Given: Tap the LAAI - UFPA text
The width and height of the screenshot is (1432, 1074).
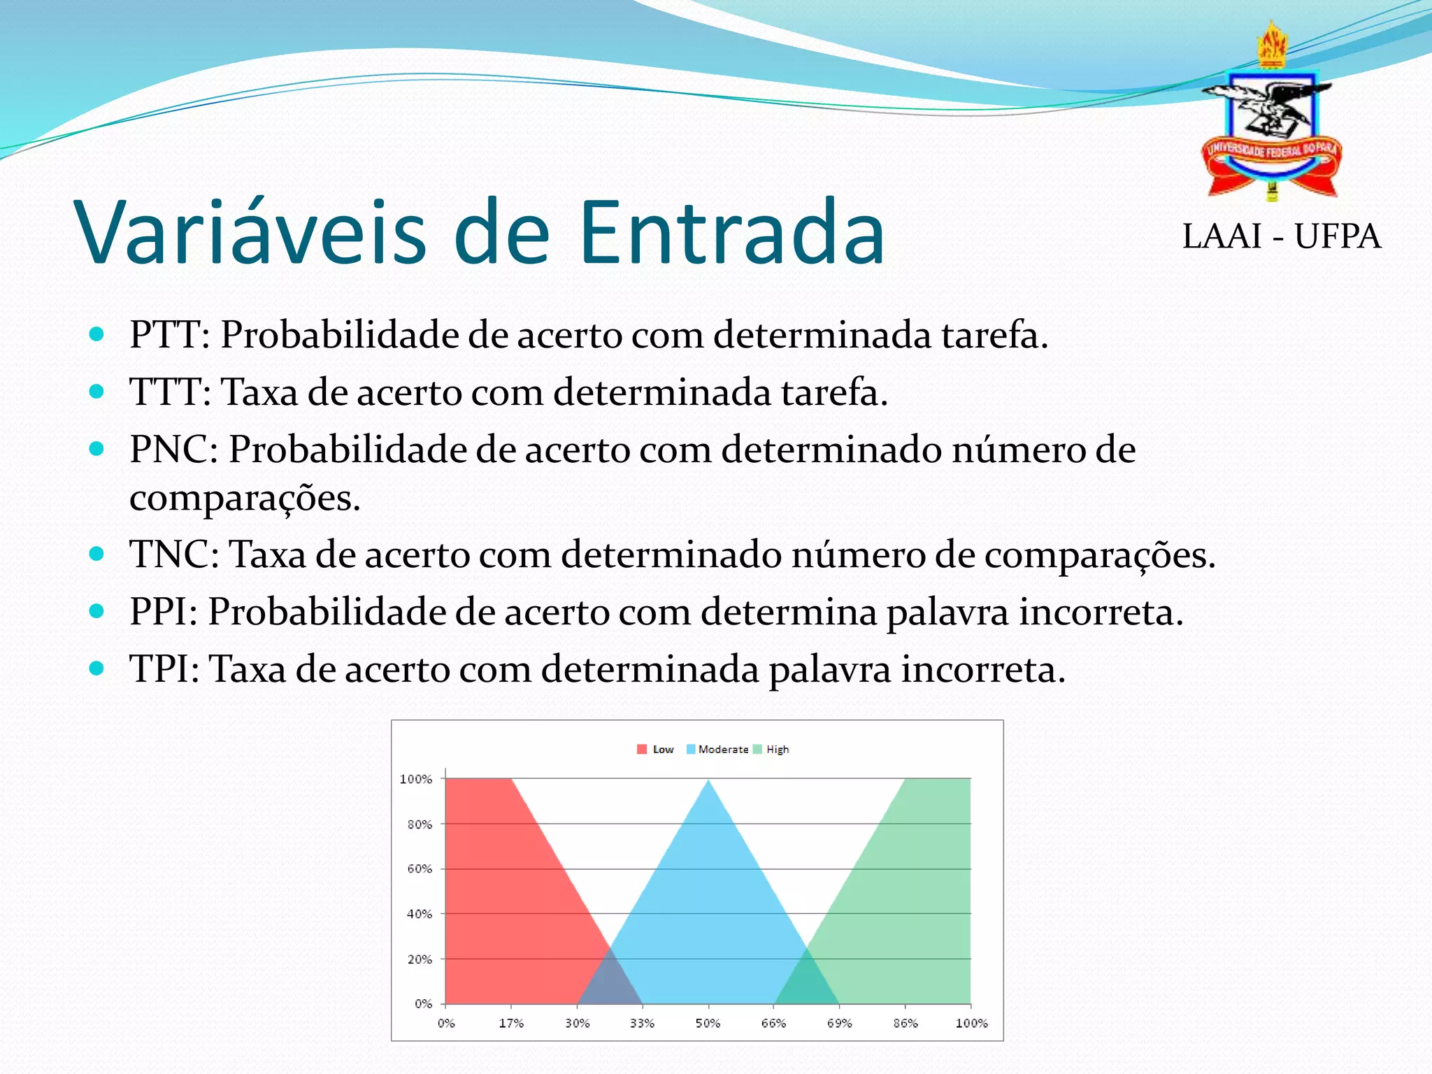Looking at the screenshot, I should pos(1281,236).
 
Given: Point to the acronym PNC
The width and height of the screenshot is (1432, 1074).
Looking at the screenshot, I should pos(173,450).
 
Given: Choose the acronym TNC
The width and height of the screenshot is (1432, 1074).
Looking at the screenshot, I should pos(173,555).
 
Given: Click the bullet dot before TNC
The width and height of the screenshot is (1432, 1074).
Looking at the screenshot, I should pos(96,554).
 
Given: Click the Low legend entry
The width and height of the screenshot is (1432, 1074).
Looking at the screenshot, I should pos(655,750).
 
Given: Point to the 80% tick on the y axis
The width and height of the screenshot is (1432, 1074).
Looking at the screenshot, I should pos(420,824).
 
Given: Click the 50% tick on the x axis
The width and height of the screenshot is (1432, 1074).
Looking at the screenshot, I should pos(708,1024).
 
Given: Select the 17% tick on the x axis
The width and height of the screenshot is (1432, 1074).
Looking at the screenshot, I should pos(511,1024).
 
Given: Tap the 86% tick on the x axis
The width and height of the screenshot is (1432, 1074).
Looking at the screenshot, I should pos(905,1024).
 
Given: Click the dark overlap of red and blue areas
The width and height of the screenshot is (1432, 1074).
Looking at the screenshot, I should pos(610,982).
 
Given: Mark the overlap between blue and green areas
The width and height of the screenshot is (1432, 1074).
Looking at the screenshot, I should pos(807,982).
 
